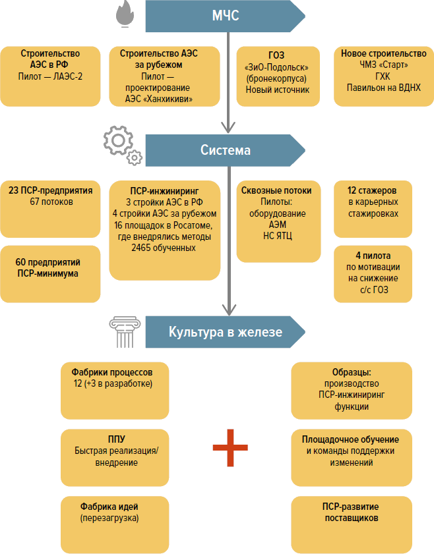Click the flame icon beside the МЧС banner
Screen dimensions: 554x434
pos(124,15)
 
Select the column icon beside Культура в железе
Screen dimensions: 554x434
pos(124,331)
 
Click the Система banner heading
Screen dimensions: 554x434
pos(225,150)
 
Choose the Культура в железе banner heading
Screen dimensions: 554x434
pos(225,332)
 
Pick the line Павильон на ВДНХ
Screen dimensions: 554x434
pos(383,88)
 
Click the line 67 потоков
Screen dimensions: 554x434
pos(51,202)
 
